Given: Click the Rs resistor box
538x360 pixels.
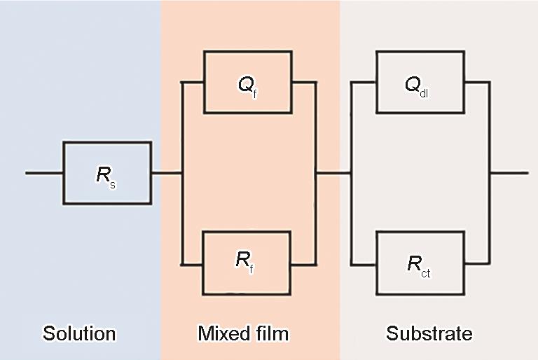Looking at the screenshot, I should point(107,173).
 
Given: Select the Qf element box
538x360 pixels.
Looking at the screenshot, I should point(248,82).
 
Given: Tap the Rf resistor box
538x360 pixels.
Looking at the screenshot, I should point(247,263).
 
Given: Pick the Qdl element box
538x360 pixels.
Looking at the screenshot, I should point(420,82).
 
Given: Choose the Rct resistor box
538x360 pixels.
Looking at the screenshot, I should point(420,263).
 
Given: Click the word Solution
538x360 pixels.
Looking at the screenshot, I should point(79,333).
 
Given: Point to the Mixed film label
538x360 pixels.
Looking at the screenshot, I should point(243,333).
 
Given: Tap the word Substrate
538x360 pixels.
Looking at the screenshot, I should point(429,333).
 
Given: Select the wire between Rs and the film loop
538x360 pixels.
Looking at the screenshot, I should point(166,172).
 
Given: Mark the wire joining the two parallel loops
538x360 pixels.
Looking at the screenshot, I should point(333,172).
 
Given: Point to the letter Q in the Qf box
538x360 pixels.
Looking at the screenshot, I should point(243,85).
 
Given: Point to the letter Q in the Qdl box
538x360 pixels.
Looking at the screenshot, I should point(413,84).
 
